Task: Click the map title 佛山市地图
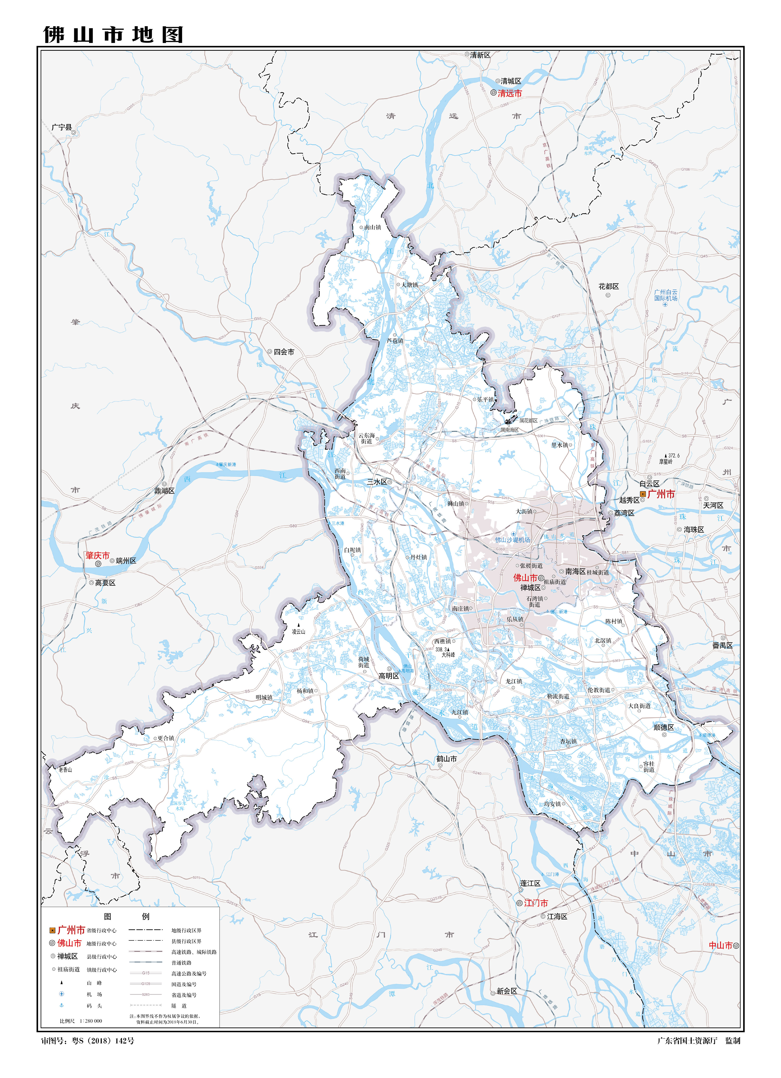tap(113, 34)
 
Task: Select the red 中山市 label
tap(721, 945)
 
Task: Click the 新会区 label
tap(507, 991)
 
